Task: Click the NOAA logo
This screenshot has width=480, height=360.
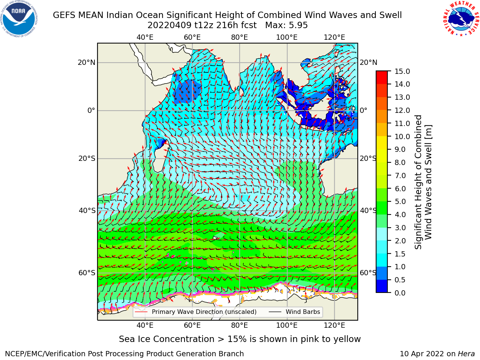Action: pyautogui.click(x=19, y=19)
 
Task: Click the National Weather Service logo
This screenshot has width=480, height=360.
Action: pyautogui.click(x=461, y=19)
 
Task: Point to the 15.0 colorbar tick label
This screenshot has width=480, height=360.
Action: pyautogui.click(x=402, y=71)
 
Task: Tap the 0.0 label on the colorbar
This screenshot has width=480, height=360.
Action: pyautogui.click(x=400, y=293)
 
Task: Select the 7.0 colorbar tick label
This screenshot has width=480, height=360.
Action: pyautogui.click(x=400, y=175)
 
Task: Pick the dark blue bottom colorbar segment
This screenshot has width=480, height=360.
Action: pyautogui.click(x=382, y=286)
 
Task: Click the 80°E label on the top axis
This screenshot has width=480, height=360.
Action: pyautogui.click(x=240, y=37)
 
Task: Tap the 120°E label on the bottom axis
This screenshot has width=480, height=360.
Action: pyautogui.click(x=334, y=325)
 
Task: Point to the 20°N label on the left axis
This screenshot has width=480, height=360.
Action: pyautogui.click(x=87, y=63)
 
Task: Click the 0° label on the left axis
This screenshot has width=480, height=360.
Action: pyautogui.click(x=91, y=110)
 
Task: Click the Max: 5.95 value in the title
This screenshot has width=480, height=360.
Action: pyautogui.click(x=286, y=25)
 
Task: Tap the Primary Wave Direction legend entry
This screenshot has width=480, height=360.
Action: pyautogui.click(x=196, y=312)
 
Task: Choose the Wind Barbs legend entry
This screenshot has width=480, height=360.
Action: pyautogui.click(x=294, y=312)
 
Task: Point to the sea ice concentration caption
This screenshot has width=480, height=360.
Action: pyautogui.click(x=240, y=339)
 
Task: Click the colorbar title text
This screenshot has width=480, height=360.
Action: pyautogui.click(x=423, y=182)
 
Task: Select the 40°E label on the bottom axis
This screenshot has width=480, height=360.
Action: pyautogui.click(x=145, y=325)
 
